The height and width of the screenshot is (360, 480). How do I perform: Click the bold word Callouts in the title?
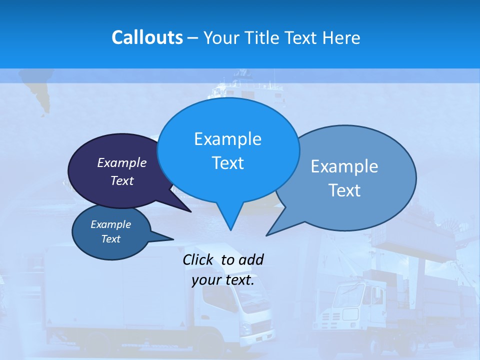pos(147,37)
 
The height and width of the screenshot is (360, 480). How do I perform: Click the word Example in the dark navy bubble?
pos(122,162)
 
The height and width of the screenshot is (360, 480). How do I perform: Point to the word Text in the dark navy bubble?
pos(122,180)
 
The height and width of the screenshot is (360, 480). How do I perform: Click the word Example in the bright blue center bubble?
pos(227,139)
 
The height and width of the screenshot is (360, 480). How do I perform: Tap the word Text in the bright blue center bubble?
pos(227,163)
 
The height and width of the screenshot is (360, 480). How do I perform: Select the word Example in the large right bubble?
pos(344,166)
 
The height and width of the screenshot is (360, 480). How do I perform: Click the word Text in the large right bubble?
pos(344,190)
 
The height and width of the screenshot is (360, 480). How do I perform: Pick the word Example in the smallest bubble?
pos(111,224)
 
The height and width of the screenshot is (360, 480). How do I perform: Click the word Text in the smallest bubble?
pos(111,239)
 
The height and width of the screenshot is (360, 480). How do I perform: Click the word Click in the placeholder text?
pos(198,259)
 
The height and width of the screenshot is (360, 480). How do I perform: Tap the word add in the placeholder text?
pos(250,259)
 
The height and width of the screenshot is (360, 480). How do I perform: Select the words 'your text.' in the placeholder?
pos(223,280)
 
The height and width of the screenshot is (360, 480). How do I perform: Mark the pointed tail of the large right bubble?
pos(267,234)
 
